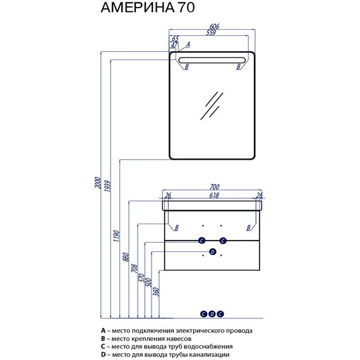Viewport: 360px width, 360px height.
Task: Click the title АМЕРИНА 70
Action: coord(148,8)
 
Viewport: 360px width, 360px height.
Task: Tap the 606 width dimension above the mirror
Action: coord(215,26)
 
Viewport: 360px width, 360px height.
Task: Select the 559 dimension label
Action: coord(211,33)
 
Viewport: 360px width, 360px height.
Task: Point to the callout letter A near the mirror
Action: coord(188,45)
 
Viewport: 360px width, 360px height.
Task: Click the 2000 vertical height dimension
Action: coord(98,183)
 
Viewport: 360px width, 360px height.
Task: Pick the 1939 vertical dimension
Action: coord(107,186)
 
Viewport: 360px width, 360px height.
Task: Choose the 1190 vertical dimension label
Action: coord(117,236)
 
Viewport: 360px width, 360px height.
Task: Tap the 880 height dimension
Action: coord(126,257)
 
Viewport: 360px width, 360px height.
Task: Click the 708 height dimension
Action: coord(135,268)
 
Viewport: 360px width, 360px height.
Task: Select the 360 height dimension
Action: coord(156,292)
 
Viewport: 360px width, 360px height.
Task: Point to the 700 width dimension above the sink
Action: coord(215,187)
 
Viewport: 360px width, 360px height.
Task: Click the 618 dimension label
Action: coord(214,195)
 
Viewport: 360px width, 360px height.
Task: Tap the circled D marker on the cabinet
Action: coord(213,252)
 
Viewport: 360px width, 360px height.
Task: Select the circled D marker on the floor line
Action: coord(212,314)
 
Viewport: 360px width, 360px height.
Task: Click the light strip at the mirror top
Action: coord(212,60)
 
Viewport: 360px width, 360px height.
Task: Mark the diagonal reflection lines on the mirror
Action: coord(212,106)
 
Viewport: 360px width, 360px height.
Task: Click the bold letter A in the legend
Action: coord(103,330)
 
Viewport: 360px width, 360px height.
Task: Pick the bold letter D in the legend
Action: coord(104,354)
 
